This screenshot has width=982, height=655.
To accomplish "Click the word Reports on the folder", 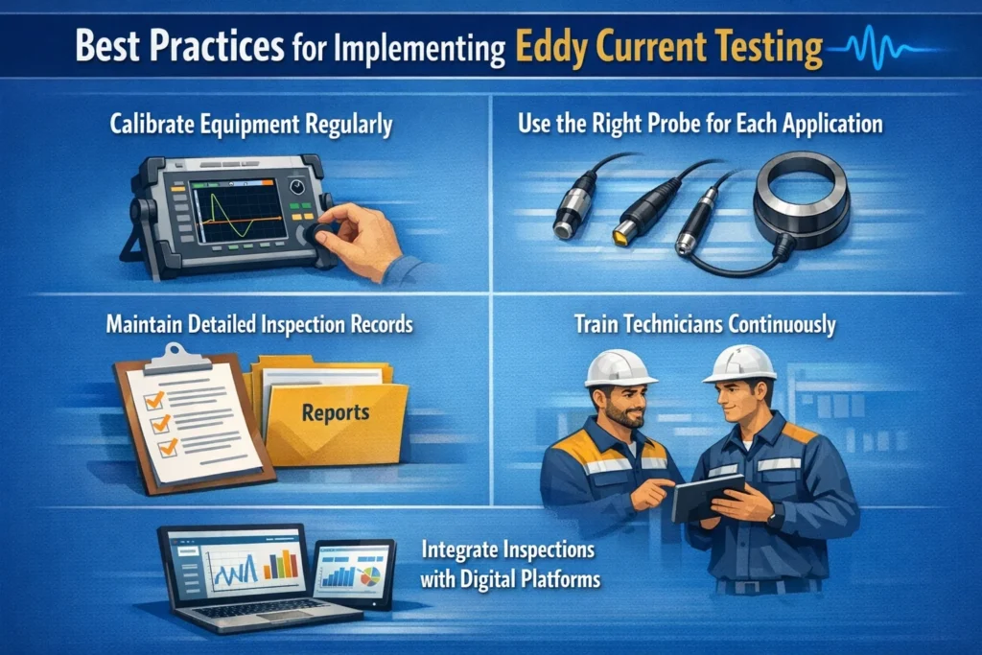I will [x=335, y=413].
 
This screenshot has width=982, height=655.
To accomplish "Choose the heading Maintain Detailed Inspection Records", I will [x=259, y=324].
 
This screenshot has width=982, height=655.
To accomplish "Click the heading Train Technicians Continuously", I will [x=705, y=324].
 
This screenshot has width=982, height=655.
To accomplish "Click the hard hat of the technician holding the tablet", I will [x=738, y=363].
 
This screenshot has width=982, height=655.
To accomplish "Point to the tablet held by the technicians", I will [x=707, y=498].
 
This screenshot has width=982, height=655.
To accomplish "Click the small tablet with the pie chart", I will [x=355, y=571].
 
